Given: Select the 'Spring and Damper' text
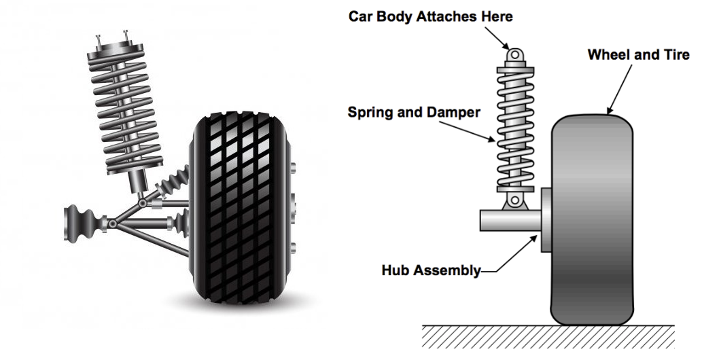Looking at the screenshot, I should [x=414, y=111].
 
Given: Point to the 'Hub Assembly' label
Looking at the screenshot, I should [x=431, y=270].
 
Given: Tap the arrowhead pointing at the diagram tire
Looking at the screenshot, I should [x=610, y=110].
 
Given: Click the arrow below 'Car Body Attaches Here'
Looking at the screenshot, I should [x=507, y=38].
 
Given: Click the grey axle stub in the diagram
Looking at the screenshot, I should [x=510, y=220].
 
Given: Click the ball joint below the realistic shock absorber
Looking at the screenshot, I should [x=141, y=202].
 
